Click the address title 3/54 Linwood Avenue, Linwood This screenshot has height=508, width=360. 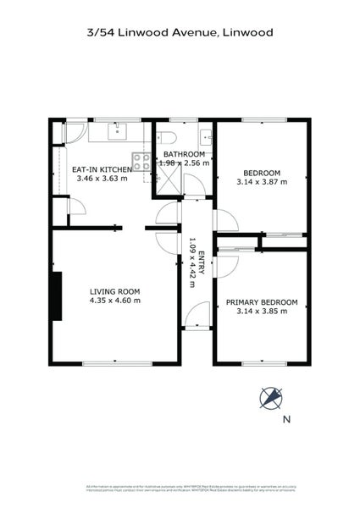180,33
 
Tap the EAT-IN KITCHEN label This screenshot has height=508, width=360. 101,169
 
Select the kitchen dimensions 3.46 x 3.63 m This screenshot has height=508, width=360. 101,179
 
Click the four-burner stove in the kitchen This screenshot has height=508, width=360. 140,159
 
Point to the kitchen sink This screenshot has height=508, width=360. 118,131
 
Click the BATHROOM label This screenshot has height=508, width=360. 184,153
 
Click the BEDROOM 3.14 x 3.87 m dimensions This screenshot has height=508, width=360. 261,180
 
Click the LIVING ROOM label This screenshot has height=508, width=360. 114,291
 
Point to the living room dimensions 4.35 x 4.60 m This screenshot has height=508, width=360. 114,301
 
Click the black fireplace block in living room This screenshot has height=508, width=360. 56,295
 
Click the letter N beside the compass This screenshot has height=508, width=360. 285,419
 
